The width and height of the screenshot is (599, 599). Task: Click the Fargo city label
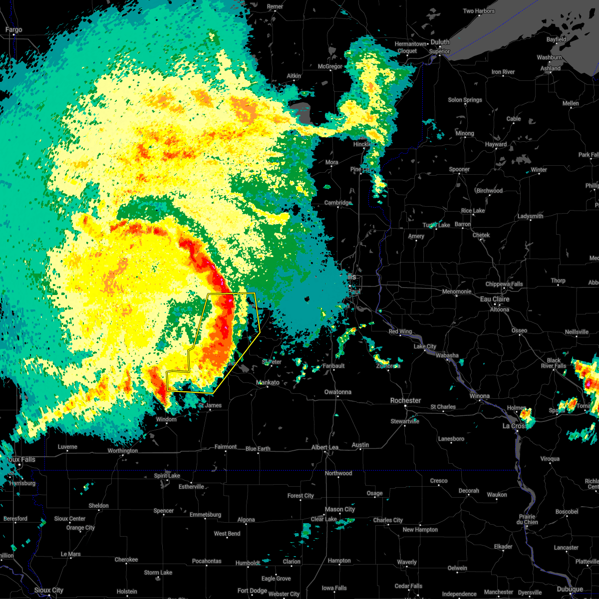pyautogui.click(x=13, y=30)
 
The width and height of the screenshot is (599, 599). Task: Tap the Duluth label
pyautogui.click(x=440, y=42)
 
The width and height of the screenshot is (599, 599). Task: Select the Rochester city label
pyautogui.click(x=405, y=400)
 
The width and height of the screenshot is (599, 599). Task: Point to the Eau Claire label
pyautogui.click(x=494, y=299)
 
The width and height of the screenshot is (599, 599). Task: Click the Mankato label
pyautogui.click(x=268, y=383)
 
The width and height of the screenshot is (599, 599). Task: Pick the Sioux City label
pyautogui.click(x=49, y=591)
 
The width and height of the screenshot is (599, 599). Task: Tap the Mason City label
pyautogui.click(x=340, y=510)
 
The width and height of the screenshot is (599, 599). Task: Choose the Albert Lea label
pyautogui.click(x=325, y=448)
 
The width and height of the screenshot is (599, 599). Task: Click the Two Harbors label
pyautogui.click(x=479, y=11)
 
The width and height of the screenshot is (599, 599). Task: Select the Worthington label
pyautogui.click(x=123, y=451)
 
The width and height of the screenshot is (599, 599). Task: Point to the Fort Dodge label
pyautogui.click(x=252, y=591)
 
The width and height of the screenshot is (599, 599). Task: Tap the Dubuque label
pyautogui.click(x=570, y=590)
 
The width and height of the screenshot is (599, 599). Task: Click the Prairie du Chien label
pyautogui.click(x=527, y=520)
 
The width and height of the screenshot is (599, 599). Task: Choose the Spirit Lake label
pyautogui.click(x=167, y=476)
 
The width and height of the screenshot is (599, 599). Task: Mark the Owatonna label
pyautogui.click(x=338, y=392)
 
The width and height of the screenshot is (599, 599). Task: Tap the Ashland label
pyautogui.click(x=550, y=68)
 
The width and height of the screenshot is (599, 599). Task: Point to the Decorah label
pyautogui.click(x=469, y=491)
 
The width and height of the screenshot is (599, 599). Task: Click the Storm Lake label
pyautogui.click(x=158, y=573)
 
